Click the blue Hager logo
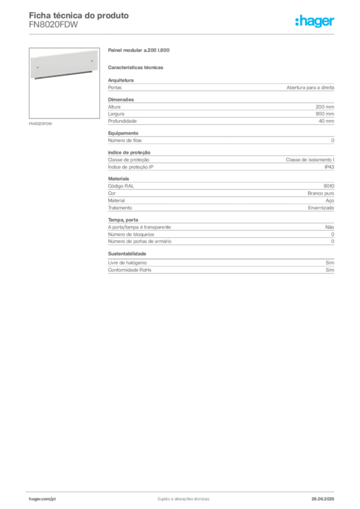coord(316,21)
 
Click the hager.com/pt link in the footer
coord(41,499)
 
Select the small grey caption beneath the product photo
coord(42,123)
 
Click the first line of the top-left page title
coord(80,15)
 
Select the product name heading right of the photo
coord(139,50)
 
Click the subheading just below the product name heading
coord(137,67)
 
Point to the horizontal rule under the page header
coord(183,34)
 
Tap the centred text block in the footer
coord(182,497)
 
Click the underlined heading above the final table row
coord(127,254)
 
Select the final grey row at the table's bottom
coord(220,268)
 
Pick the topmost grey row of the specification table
coord(220,87)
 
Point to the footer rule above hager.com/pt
coord(183,490)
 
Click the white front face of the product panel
coord(62,63)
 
